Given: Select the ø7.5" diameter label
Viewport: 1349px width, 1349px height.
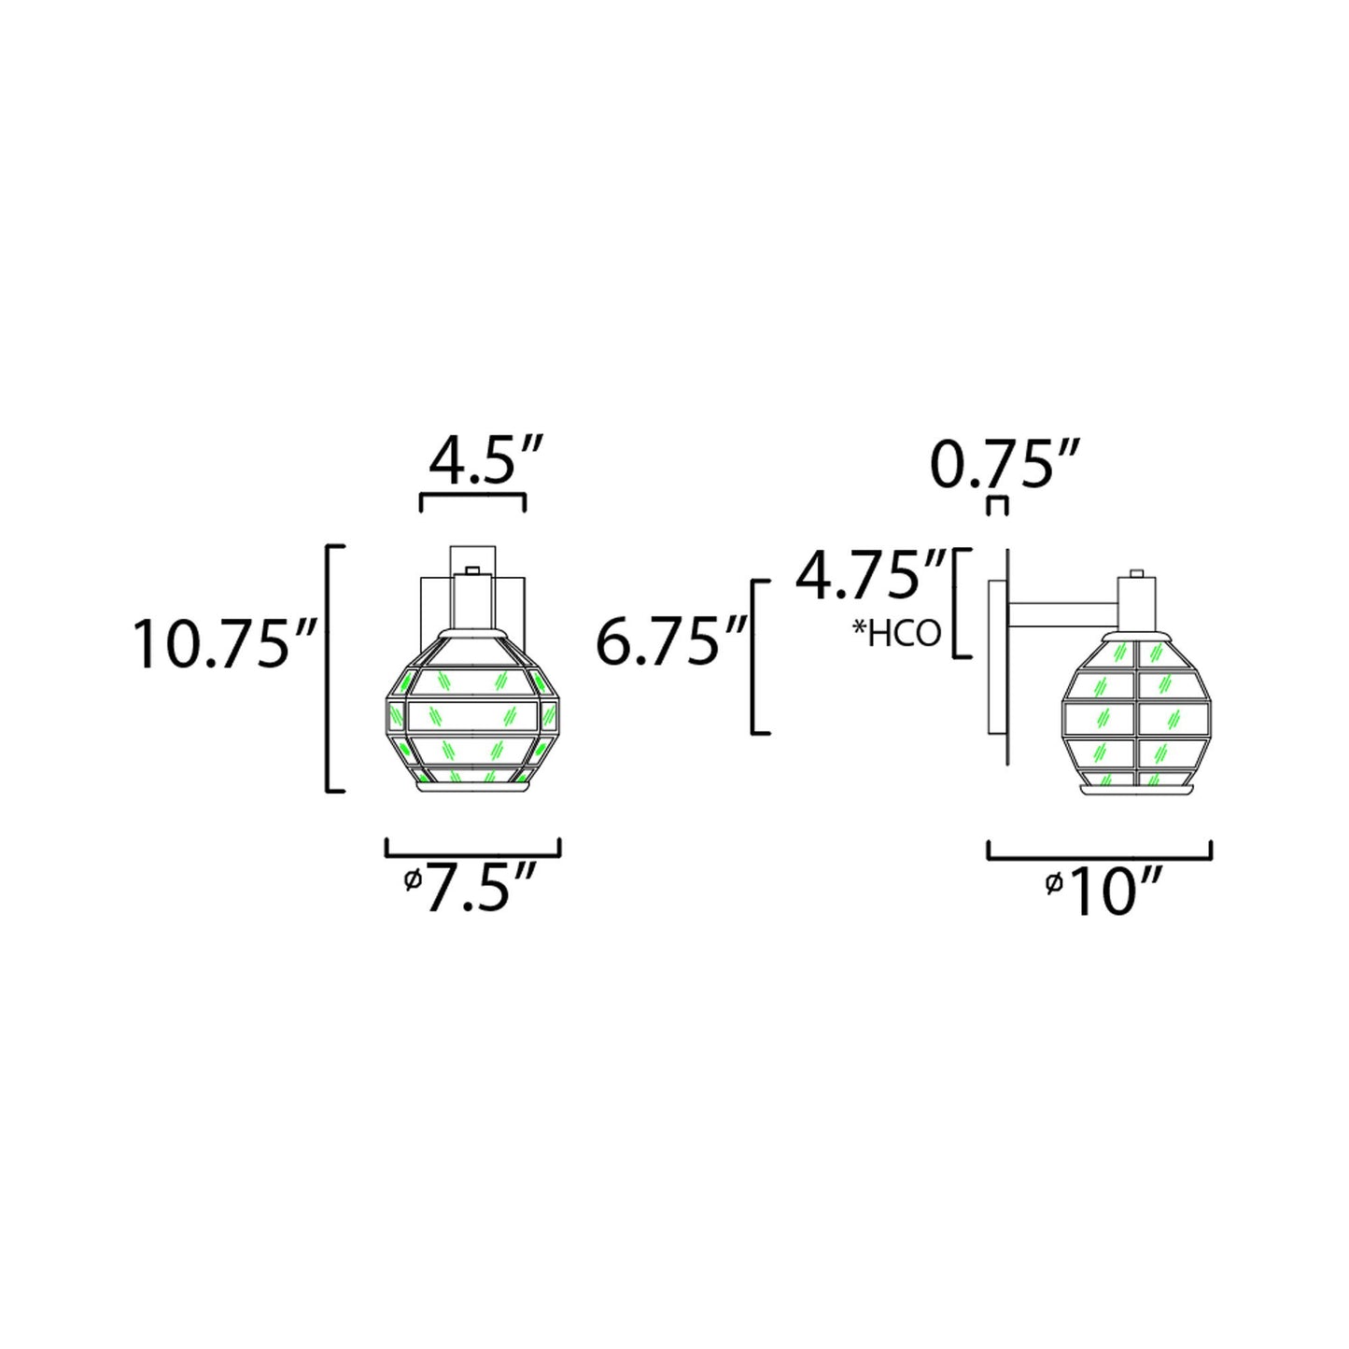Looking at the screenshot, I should pos(472,888).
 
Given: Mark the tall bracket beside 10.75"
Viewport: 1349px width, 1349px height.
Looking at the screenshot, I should pos(330,667).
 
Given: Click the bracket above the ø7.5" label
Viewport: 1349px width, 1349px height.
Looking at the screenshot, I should pos(472,846).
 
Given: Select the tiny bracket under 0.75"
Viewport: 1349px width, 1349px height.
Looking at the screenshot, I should pos(998,505).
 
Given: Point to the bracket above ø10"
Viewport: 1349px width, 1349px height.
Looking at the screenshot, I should pos(1099,849).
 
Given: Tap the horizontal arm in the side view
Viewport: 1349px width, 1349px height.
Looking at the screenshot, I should pos(1062,613).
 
